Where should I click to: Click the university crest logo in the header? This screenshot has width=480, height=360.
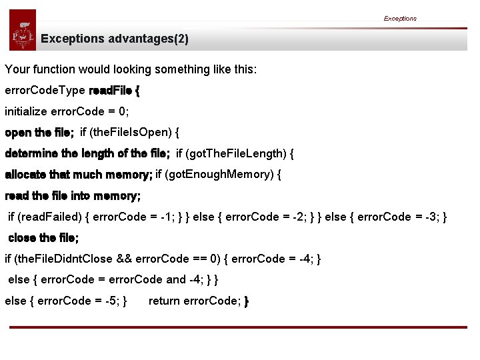pyautogui.click(x=23, y=31)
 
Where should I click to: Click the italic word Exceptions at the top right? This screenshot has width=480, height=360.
pyautogui.click(x=400, y=19)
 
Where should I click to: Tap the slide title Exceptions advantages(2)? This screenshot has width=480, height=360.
pyautogui.click(x=115, y=39)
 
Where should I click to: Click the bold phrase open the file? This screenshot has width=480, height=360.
pyautogui.click(x=39, y=133)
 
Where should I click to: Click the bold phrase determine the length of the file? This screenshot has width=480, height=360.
pyautogui.click(x=87, y=154)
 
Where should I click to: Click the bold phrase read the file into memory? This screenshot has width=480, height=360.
pyautogui.click(x=73, y=196)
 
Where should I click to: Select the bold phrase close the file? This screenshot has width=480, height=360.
pyautogui.click(x=43, y=238)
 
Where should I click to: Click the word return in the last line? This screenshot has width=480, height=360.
pyautogui.click(x=164, y=301)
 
